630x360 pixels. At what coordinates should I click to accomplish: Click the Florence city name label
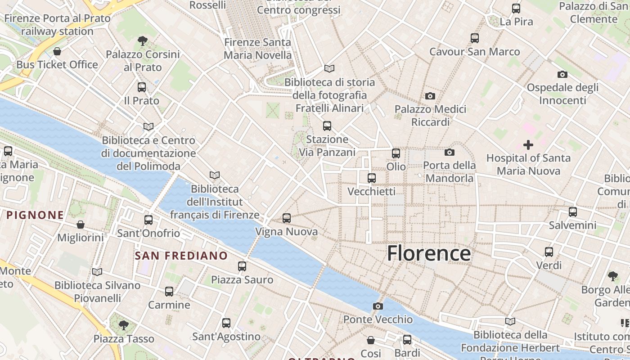(x=429, y=253)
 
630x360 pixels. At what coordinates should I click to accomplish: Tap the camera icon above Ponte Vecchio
(x=378, y=306)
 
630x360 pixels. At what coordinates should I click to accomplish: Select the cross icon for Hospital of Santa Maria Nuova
(x=528, y=145)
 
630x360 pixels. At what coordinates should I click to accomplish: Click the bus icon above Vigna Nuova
(x=287, y=219)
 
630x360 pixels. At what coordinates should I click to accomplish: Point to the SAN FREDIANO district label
(x=181, y=256)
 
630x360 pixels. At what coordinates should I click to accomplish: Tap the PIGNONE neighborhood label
(x=35, y=215)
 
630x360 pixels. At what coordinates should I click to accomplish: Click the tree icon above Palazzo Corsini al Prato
(x=143, y=41)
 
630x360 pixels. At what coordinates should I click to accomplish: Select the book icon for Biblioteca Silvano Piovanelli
(x=97, y=272)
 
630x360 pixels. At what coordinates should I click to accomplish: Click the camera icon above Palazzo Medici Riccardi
(x=430, y=96)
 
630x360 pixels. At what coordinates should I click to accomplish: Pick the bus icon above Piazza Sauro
(x=242, y=266)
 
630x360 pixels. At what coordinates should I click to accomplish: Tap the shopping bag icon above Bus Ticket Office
(x=57, y=51)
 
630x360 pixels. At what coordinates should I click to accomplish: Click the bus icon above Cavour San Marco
(x=475, y=38)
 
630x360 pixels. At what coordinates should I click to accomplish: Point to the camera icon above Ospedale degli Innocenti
(x=562, y=74)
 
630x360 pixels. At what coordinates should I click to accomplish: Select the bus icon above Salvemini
(x=573, y=212)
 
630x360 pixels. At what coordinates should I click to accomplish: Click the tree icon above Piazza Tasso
(x=124, y=325)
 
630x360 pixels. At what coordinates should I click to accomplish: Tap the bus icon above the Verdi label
(x=549, y=252)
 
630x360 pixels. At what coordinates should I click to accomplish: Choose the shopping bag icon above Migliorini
(x=81, y=224)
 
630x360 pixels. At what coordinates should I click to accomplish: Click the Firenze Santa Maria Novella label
(x=258, y=49)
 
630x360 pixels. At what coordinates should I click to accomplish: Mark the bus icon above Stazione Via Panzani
(x=327, y=126)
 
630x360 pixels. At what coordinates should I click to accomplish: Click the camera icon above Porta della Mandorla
(x=449, y=153)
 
